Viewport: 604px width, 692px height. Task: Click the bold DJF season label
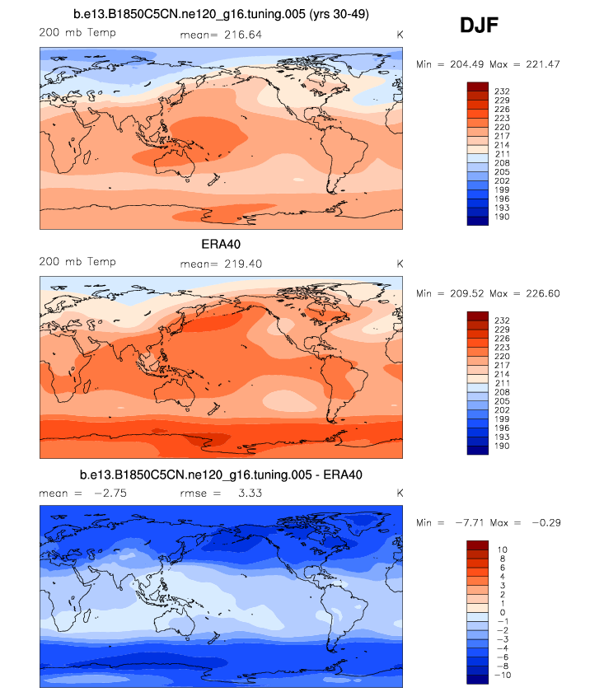[x=478, y=26]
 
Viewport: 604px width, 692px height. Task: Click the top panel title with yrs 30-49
[x=221, y=14]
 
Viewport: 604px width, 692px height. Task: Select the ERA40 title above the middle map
[x=221, y=245]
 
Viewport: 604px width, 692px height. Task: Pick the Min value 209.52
[x=463, y=293]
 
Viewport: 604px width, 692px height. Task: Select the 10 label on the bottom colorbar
[x=503, y=548]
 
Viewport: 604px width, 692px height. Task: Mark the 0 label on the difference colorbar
[x=503, y=612]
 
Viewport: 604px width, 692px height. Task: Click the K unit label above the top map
[x=400, y=34]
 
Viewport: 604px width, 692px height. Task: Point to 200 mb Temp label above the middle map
[x=77, y=263]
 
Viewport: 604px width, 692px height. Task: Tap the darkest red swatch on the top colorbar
[x=479, y=86]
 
